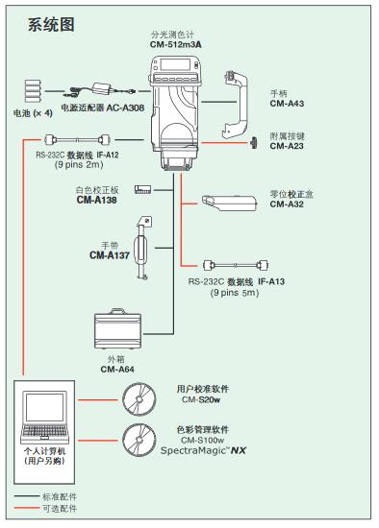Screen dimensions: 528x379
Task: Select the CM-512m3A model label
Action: tap(175, 44)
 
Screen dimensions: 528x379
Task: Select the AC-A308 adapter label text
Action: tap(125, 109)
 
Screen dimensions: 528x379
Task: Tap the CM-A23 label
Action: tap(287, 146)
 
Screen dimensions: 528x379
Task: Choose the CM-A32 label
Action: tap(287, 204)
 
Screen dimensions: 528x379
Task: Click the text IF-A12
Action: tap(107, 155)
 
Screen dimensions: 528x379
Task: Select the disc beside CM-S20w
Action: tap(140, 396)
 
